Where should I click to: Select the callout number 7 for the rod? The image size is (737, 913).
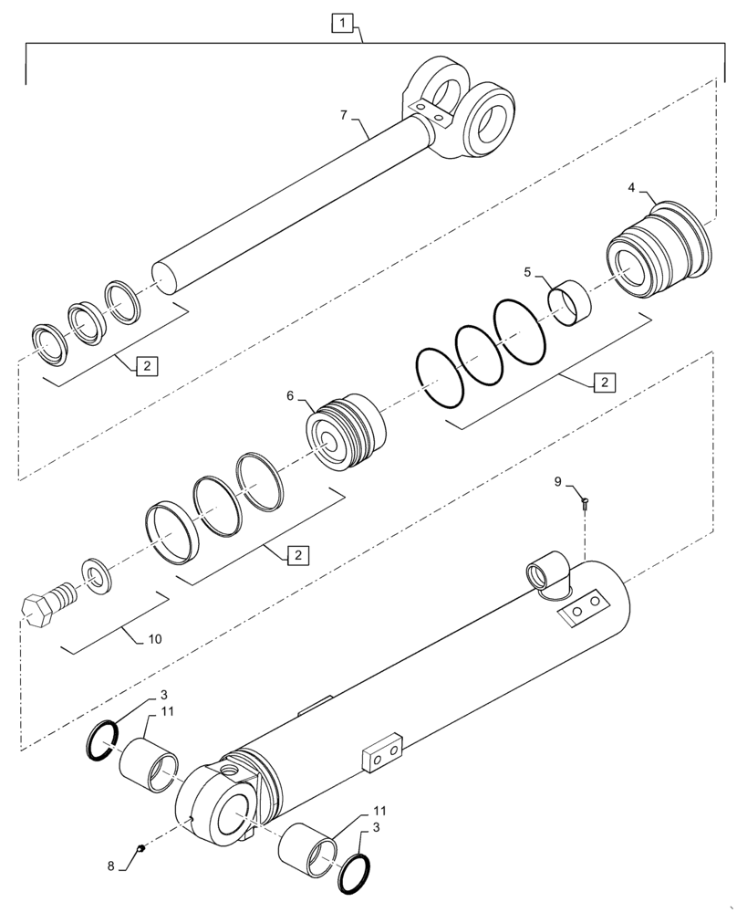click(343, 114)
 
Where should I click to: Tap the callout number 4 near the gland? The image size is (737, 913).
click(632, 187)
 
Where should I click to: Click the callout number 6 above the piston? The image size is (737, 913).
click(290, 395)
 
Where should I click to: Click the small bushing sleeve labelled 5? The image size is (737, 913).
click(569, 302)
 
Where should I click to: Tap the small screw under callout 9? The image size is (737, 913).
click(584, 501)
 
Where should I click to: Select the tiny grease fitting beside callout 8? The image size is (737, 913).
click(140, 849)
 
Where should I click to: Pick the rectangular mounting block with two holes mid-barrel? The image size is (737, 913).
click(381, 753)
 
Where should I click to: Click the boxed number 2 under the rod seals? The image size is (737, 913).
click(146, 366)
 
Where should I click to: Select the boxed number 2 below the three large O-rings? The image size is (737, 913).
click(602, 383)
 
